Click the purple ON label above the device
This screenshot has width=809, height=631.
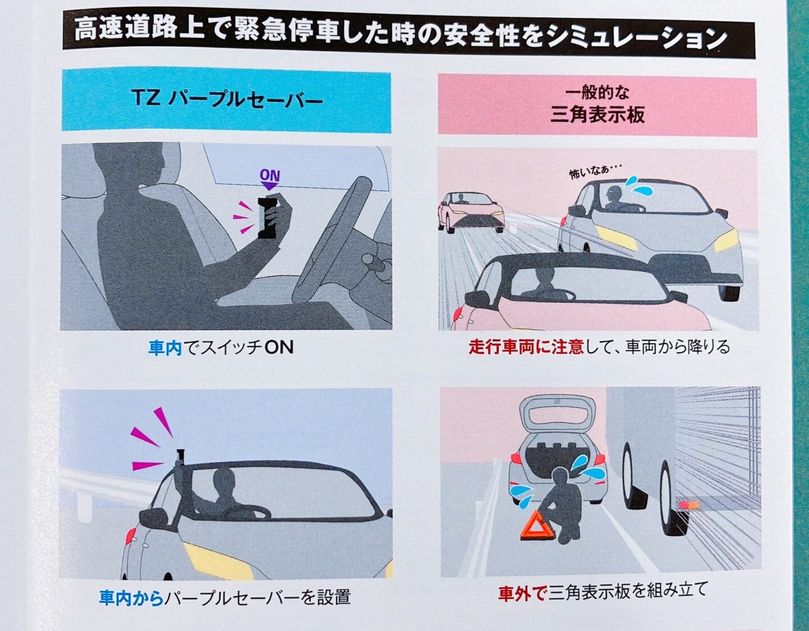pyautogui.click(x=270, y=175)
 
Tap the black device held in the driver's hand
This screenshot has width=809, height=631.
pyautogui.click(x=268, y=218)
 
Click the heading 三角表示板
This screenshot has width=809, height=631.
pyautogui.click(x=597, y=114)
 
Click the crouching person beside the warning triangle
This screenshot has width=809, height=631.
pyautogui.click(x=558, y=507)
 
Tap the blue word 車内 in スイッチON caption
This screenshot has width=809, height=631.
pyautogui.click(x=165, y=348)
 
